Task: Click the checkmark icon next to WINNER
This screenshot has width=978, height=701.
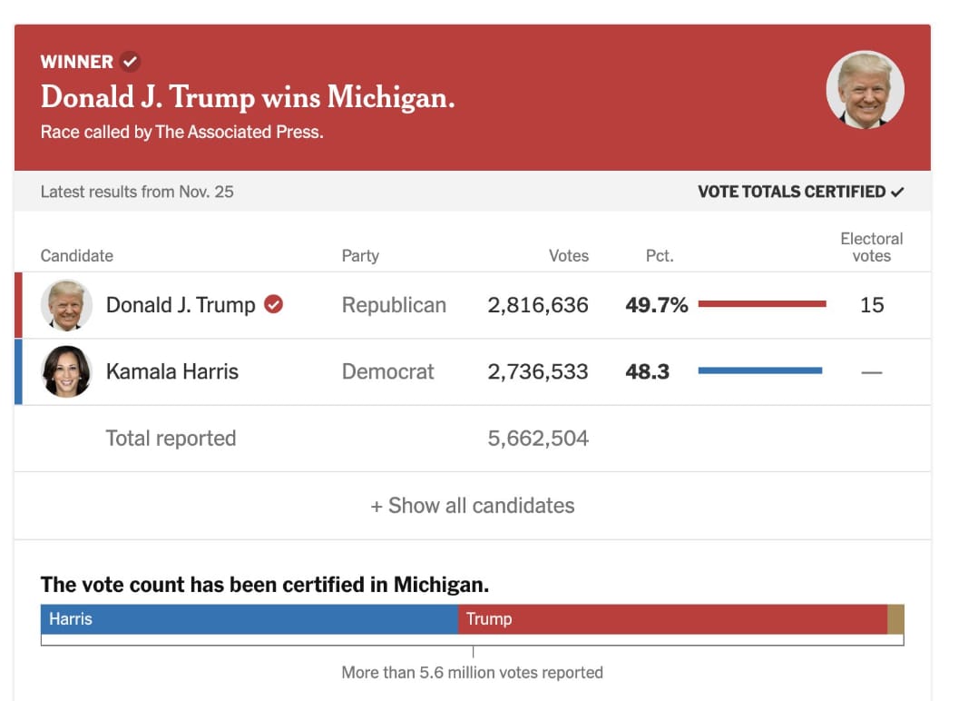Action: point(130,62)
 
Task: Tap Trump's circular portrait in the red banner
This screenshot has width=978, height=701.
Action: point(865,89)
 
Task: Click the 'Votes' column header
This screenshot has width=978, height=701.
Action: point(568,256)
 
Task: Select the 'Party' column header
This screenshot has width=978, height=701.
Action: point(360,256)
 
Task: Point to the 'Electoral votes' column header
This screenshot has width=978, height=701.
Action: point(871,247)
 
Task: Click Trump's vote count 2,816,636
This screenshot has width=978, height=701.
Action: point(538,305)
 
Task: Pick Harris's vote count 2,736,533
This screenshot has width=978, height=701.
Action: point(538,371)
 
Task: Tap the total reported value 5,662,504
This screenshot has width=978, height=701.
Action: point(538,439)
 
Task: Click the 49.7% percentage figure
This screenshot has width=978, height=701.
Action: point(656,305)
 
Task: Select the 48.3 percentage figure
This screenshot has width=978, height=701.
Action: point(647,371)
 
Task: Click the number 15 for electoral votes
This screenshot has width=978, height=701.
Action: point(871,305)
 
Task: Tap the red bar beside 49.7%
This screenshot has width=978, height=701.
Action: point(762,303)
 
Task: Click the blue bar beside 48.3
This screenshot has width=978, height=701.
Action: point(760,370)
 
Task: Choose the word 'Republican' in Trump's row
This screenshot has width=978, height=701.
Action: point(394,305)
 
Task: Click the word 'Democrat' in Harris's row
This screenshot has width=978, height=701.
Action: point(387,371)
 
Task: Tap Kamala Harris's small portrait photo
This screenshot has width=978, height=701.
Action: point(67,371)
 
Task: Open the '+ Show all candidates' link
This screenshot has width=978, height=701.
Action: point(473,506)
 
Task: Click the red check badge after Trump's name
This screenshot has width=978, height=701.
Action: point(273,304)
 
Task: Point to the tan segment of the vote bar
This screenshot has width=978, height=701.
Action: point(895,619)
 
